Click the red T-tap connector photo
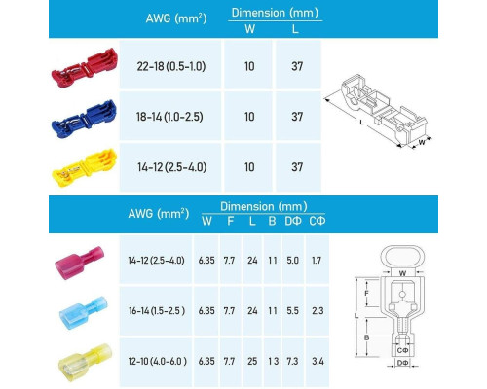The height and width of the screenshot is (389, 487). coord(85,67)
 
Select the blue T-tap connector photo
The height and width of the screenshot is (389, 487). coord(85,119)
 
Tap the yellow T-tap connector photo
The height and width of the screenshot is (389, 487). coord(85,167)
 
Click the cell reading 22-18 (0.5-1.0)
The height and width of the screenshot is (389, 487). coord(171,66)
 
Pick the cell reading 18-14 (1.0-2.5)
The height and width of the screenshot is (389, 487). coord(169,117)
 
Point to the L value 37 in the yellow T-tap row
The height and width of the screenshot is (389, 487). coord(297,167)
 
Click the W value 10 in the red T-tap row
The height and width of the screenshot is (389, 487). coord(249,66)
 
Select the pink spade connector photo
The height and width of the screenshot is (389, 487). coord(80,263)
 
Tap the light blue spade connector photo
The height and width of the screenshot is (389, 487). coord(83,312)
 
